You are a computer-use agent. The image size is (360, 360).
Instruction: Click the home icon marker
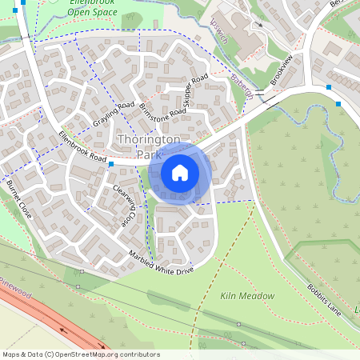[x=180, y=172]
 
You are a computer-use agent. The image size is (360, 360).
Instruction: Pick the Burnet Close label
[x=18, y=200]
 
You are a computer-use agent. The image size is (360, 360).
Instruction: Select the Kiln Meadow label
[x=247, y=296]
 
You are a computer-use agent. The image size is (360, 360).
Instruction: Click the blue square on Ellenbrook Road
[x=110, y=164]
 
